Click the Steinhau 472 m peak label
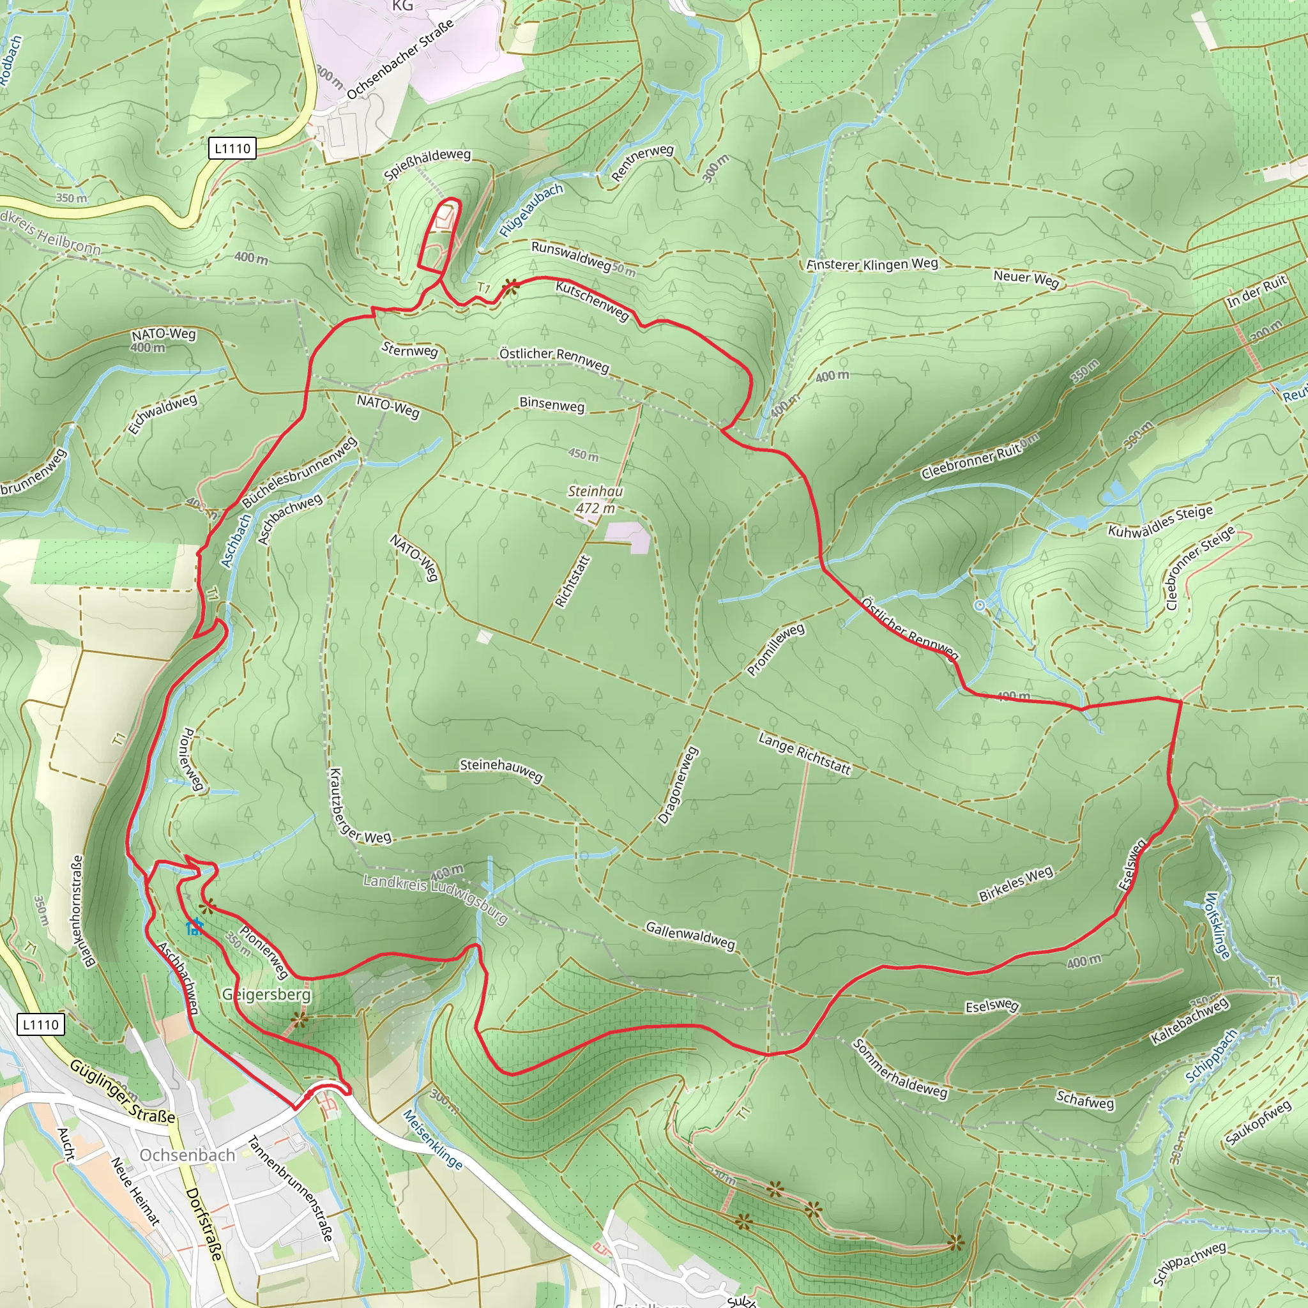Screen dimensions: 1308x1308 pos(595,499)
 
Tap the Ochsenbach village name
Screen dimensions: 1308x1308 pos(188,1155)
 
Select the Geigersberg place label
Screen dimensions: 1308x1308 pos(267,994)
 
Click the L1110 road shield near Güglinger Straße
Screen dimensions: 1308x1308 pos(41,1024)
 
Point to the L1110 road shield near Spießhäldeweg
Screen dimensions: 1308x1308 pos(232,148)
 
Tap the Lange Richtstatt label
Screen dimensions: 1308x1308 pos(804,754)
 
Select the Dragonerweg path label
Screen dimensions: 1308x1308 pos(678,786)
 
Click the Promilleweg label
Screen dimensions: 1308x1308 pos(776,650)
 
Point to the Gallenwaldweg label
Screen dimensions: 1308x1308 pos(690,935)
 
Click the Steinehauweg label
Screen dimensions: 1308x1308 pos(501,770)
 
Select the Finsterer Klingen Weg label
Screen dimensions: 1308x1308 pos(872,264)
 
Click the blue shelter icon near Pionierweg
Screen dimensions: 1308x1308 pos(195,925)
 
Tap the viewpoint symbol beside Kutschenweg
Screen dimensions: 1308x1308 pos(511,288)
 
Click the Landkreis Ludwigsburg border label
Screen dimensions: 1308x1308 pos(436,898)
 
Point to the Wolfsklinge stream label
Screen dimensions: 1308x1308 pos(1217,925)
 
